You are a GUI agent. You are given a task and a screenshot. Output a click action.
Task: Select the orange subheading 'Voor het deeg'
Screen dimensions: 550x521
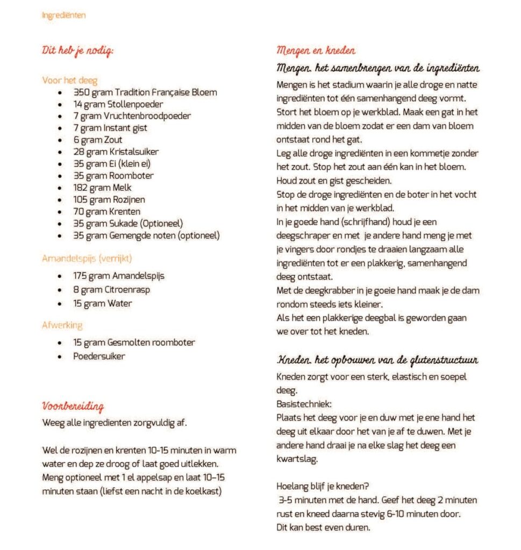[70, 81]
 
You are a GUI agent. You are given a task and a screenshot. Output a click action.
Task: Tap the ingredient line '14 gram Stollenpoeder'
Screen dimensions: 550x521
[118, 104]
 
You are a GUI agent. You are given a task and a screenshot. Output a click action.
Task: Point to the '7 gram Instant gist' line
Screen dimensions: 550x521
[110, 128]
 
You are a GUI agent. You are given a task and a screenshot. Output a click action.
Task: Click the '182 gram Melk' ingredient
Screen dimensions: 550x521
[102, 187]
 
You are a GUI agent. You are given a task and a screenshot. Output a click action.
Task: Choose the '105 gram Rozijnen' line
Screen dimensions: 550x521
[109, 199]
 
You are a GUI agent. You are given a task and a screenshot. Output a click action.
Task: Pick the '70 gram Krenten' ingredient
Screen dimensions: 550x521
[106, 211]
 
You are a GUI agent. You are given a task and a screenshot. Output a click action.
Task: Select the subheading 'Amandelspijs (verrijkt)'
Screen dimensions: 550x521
[87, 258]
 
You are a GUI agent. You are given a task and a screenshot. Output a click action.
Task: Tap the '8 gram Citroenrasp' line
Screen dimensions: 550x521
[111, 290]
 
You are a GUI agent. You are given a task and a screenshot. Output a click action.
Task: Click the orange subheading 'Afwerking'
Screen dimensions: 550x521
[62, 325]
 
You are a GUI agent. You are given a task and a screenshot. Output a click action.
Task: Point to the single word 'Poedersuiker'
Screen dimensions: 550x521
[99, 356]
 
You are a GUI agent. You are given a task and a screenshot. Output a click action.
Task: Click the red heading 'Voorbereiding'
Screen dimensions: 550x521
[73, 406]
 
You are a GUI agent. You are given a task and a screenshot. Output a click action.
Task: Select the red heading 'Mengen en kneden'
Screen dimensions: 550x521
[316, 51]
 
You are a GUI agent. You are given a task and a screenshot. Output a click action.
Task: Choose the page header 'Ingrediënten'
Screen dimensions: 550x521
[63, 15]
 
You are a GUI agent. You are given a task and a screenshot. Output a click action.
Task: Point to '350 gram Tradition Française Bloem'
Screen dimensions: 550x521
[145, 92]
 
